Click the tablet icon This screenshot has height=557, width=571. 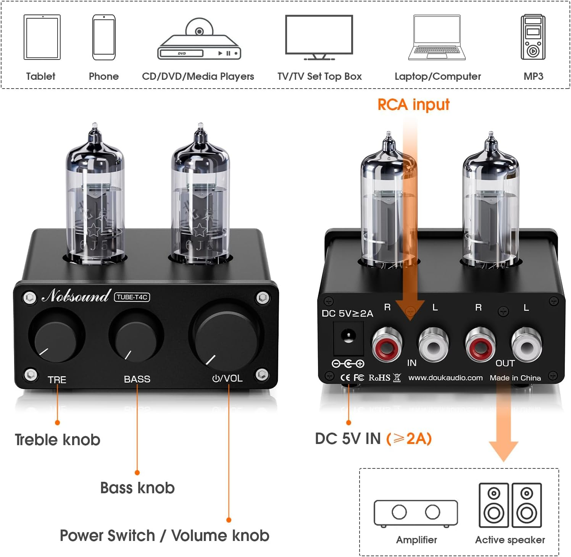click(x=42, y=37)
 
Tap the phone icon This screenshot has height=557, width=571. click(x=104, y=37)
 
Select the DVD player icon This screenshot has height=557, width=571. click(x=199, y=40)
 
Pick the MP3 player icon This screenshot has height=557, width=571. click(x=533, y=37)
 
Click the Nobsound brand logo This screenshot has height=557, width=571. click(x=76, y=296)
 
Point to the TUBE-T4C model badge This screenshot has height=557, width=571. click(x=132, y=297)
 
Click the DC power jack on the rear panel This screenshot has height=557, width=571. click(x=348, y=338)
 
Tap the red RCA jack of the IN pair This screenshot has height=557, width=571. click(x=387, y=346)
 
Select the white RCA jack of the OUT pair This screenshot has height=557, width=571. click(x=526, y=346)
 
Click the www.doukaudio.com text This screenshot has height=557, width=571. click(x=445, y=378)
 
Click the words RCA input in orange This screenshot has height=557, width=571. click(x=413, y=105)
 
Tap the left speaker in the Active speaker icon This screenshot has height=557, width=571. click(x=494, y=505)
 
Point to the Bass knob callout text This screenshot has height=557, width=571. click(x=137, y=488)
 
